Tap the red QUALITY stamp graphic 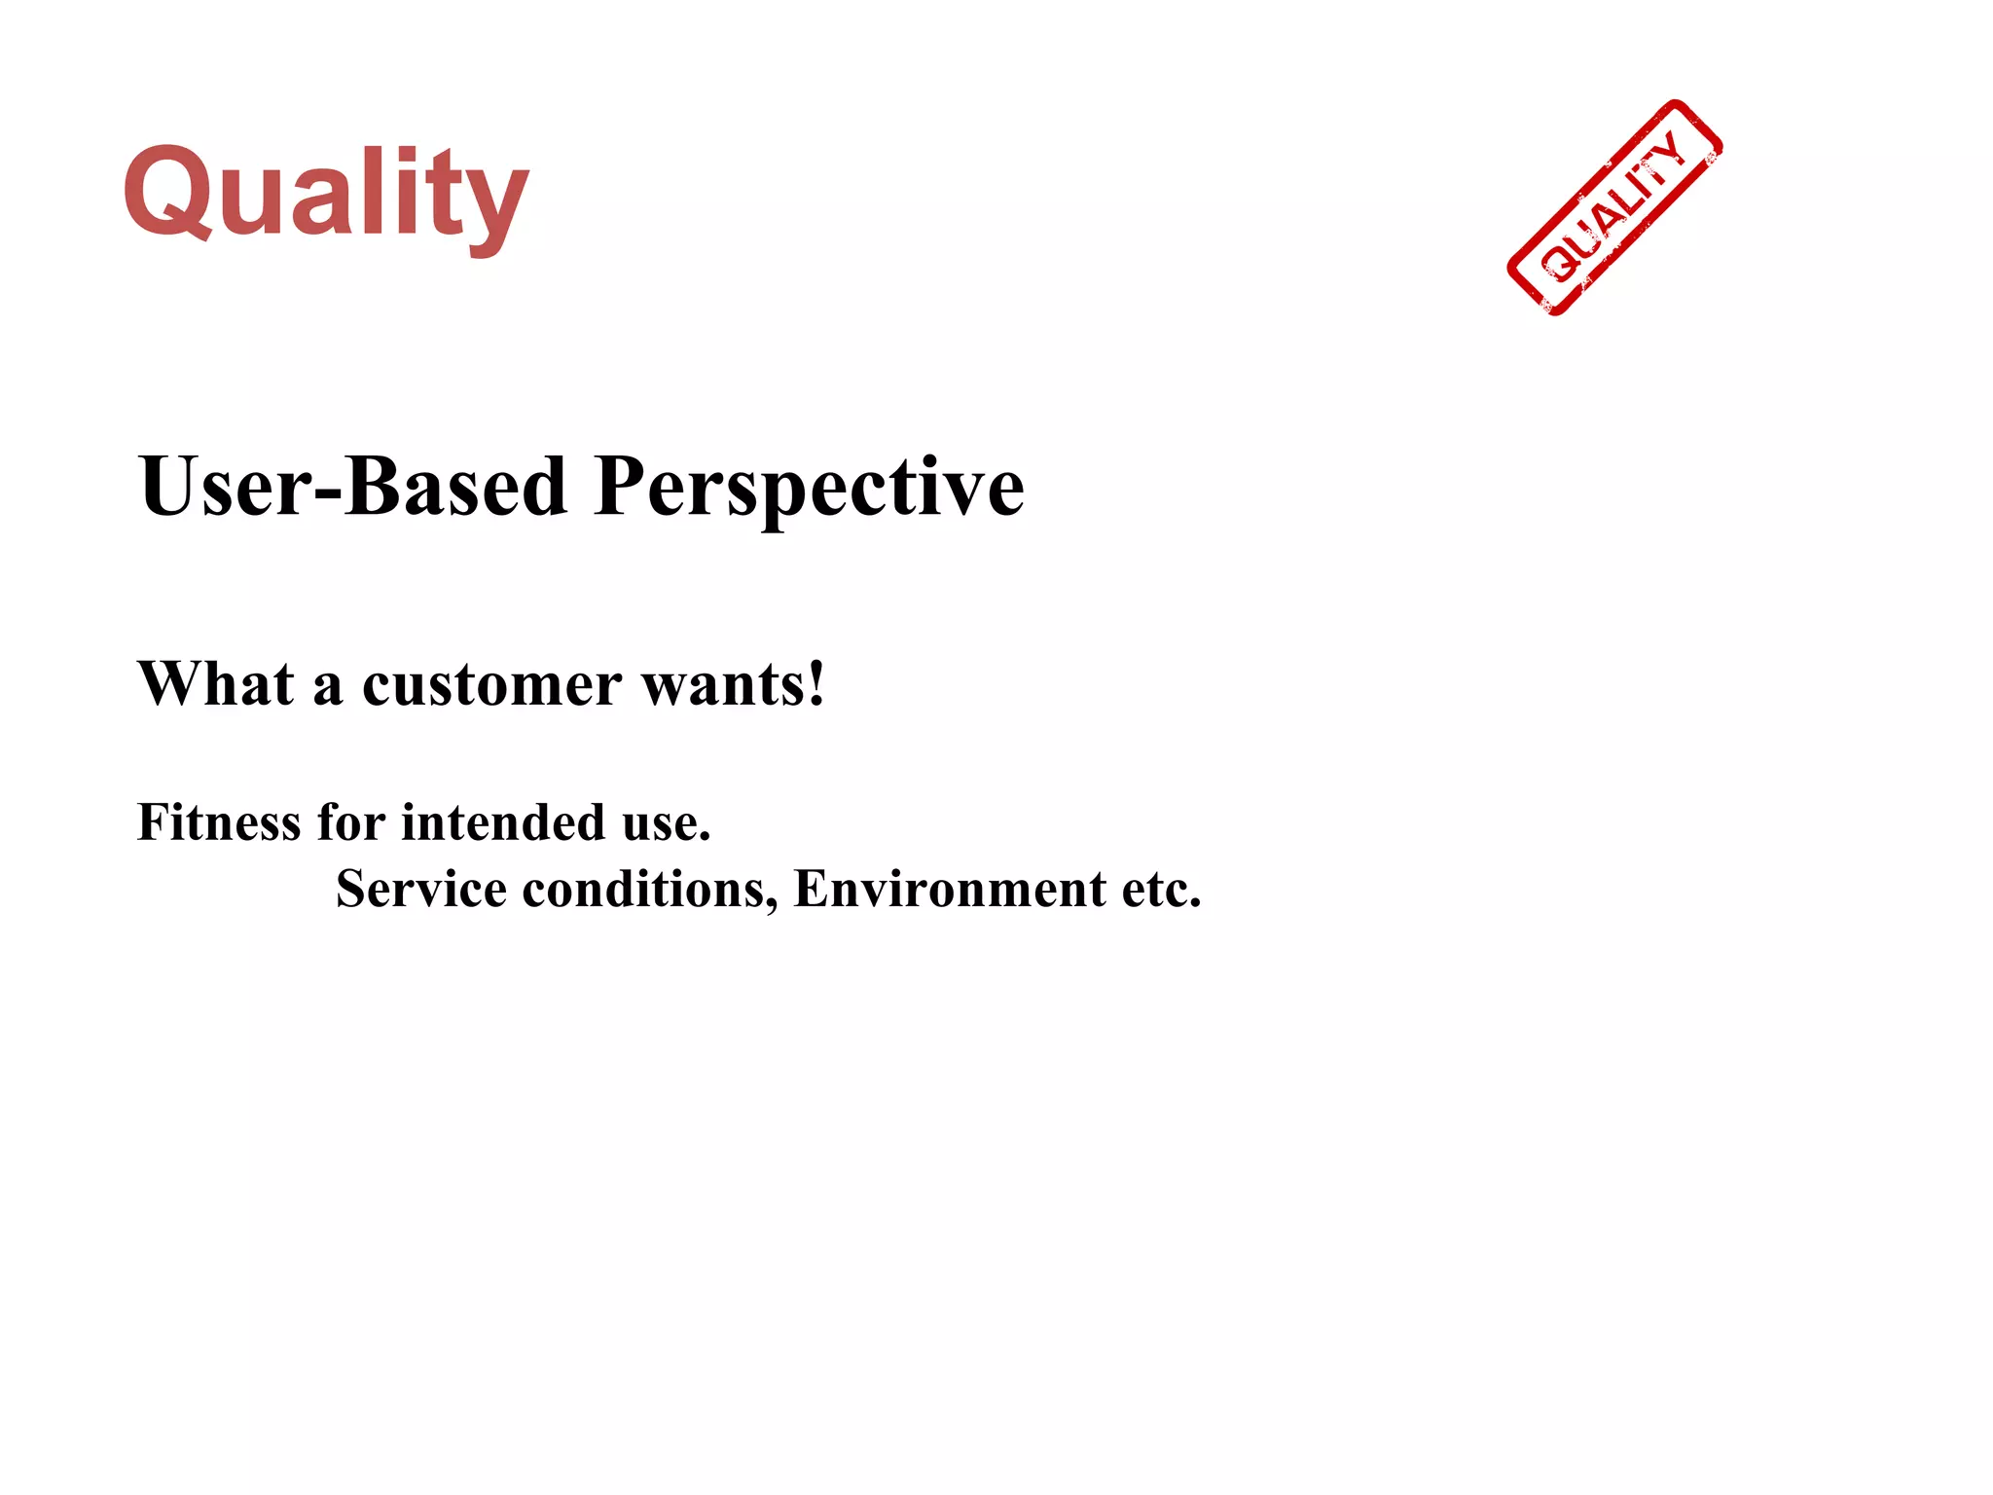1614,207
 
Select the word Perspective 809,488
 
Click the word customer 491,685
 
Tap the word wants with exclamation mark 734,684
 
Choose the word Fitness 219,821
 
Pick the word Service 420,888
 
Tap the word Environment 950,889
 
